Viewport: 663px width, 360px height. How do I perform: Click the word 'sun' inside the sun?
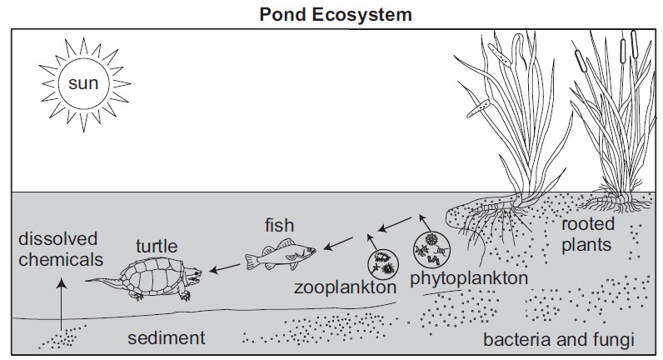coord(82,83)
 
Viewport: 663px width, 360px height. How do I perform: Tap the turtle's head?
coord(192,272)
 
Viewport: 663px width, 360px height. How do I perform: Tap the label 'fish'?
coord(280,225)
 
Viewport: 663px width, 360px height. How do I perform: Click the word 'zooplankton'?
coord(344,287)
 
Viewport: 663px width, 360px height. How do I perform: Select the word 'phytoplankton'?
coord(469,277)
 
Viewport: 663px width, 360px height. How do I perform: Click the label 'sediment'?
coord(166,338)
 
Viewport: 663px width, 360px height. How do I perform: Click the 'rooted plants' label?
coord(588,234)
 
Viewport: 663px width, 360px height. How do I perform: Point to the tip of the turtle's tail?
coord(88,281)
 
